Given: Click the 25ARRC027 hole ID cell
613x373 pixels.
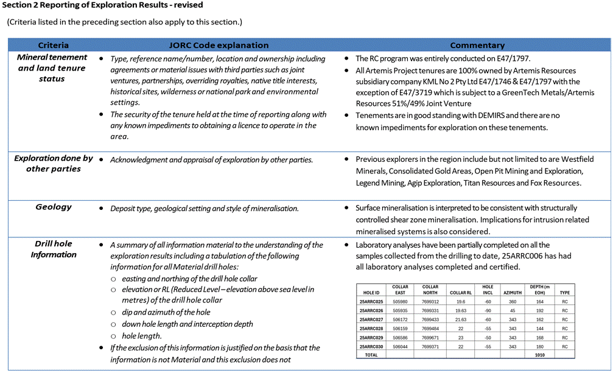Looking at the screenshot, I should pos(371,319).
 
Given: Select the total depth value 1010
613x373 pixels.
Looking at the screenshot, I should pos(539,355).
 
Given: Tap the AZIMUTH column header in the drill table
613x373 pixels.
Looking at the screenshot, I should pos(513,293).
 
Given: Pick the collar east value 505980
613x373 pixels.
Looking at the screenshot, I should pos(401,302).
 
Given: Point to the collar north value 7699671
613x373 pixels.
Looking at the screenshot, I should pos(430,337).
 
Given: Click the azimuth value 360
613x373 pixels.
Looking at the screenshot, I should pos(513,302).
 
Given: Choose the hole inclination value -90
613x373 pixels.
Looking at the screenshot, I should pos(488,310).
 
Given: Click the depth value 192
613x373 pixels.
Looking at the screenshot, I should pos(539,310).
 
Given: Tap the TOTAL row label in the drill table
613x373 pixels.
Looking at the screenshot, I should pos(371,355).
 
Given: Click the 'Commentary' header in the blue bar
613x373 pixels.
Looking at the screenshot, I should pos(477,46).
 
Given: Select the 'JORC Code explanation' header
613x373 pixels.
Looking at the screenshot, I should pos(218,46).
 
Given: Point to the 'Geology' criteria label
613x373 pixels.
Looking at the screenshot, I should pos(54,207).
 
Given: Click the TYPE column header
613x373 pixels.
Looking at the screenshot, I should pos(565,293).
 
